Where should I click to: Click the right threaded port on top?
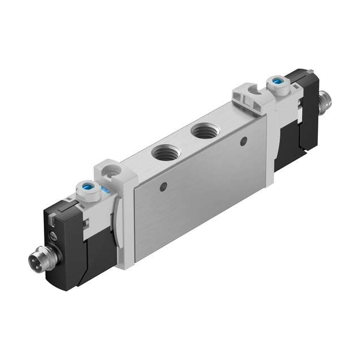(x=201, y=133)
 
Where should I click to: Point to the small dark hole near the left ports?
(x=164, y=186)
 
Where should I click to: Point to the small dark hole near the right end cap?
(x=244, y=140)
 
